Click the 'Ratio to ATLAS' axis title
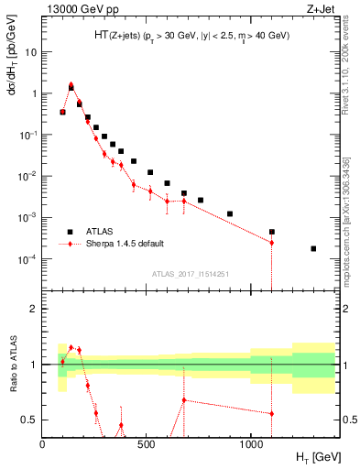[x=11, y=364]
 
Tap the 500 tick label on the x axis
[x=147, y=444]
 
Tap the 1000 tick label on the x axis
[x=251, y=444]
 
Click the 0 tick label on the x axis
[x=42, y=444]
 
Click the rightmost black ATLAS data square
[x=313, y=248]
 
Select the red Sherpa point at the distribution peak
[x=71, y=84]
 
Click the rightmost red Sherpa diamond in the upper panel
[x=271, y=243]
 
